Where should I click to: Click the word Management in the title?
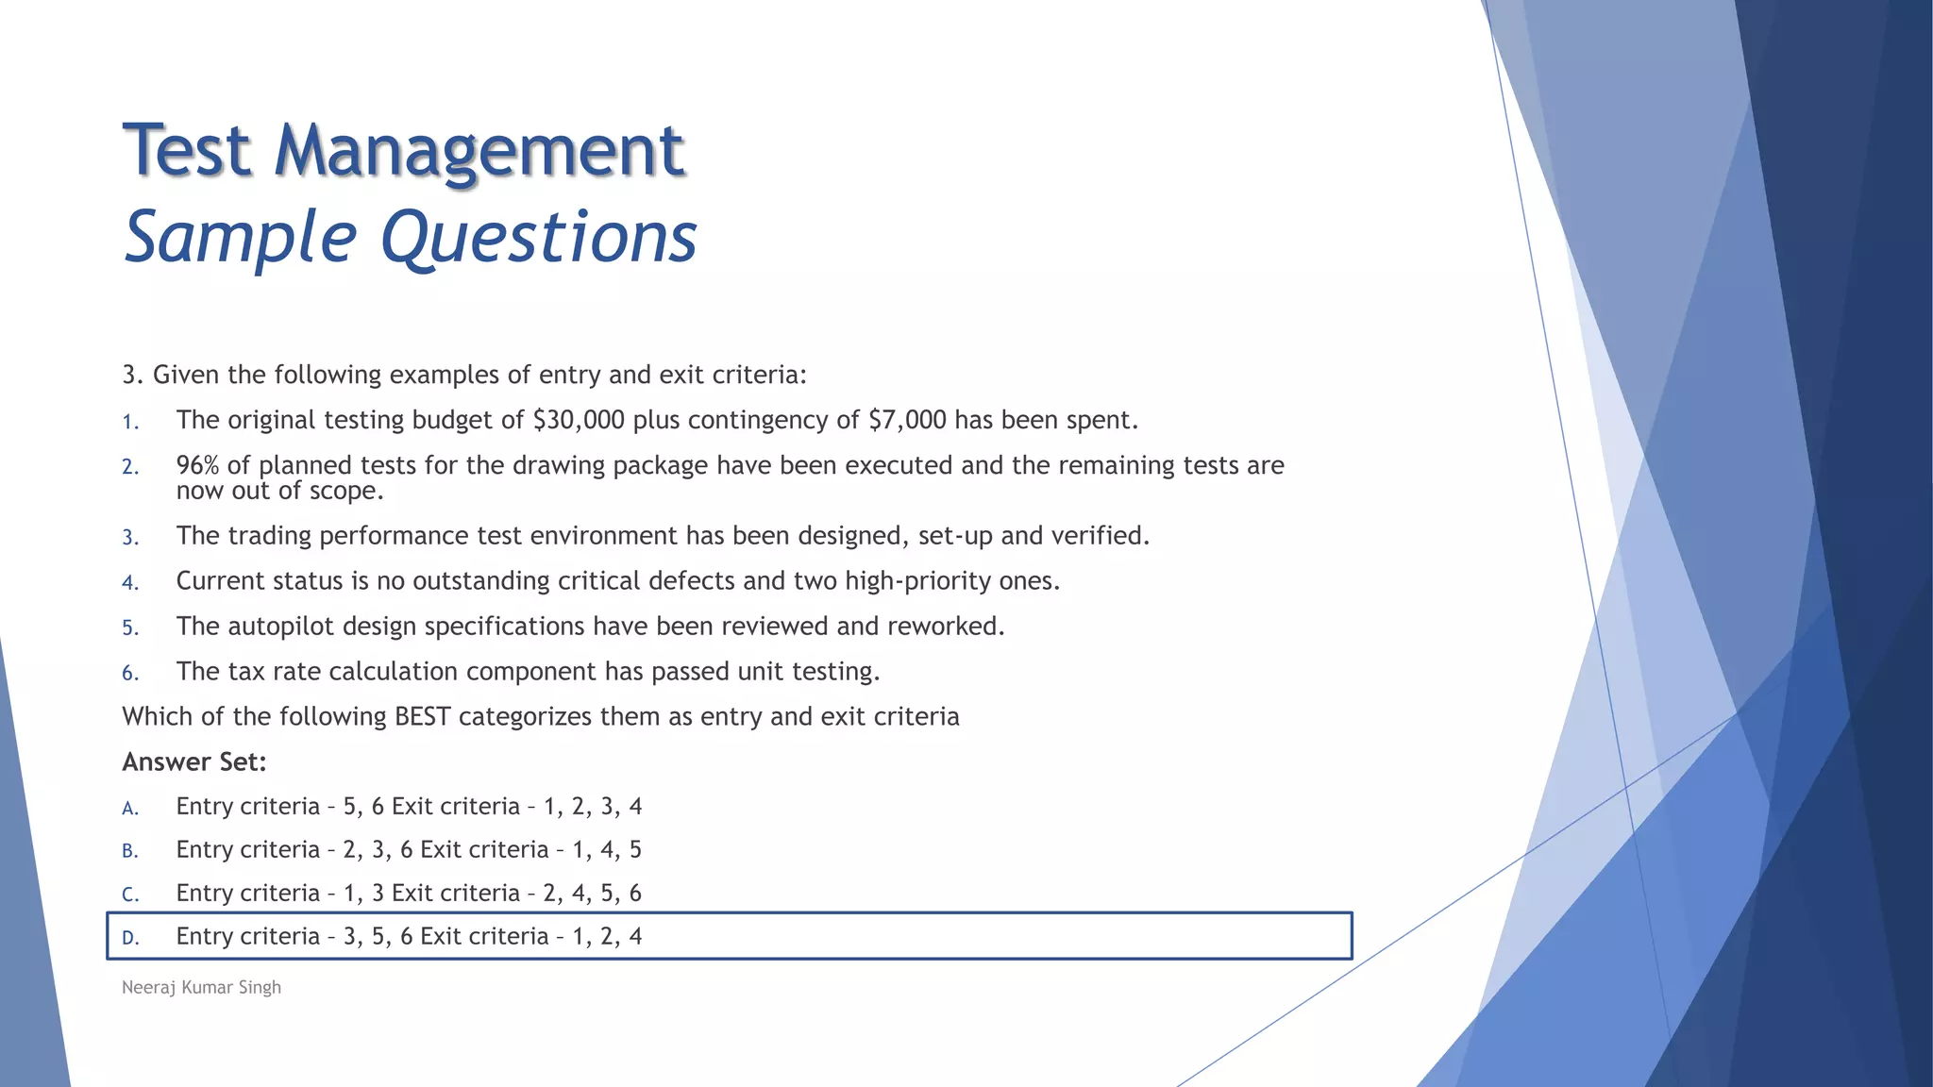point(479,151)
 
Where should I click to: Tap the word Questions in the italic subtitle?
point(538,236)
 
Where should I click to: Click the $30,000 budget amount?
point(579,420)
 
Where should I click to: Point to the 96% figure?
point(198,465)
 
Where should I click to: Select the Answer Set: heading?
point(194,762)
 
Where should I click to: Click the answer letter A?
point(130,808)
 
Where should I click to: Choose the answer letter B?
point(130,851)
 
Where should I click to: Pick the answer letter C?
point(130,895)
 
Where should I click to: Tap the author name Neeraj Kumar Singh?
point(201,987)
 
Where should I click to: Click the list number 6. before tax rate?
point(130,673)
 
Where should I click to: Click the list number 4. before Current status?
point(130,583)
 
